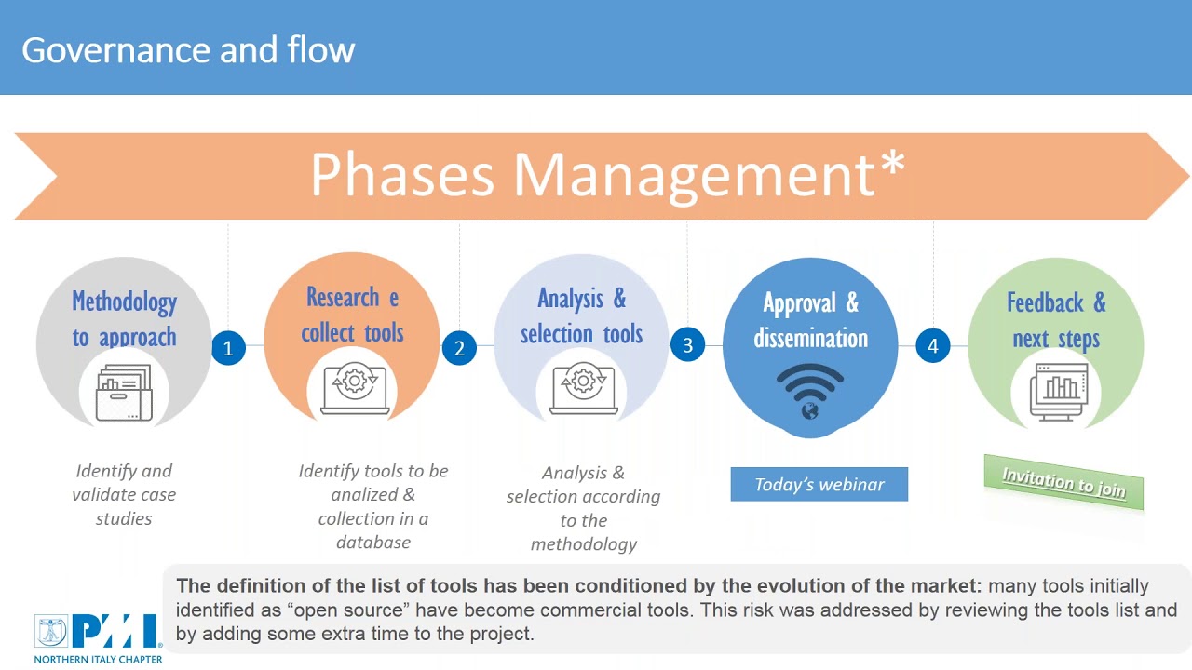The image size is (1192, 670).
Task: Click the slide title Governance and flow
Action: click(x=188, y=50)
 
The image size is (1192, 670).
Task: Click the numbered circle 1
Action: click(x=228, y=348)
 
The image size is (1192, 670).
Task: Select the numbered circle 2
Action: click(x=459, y=348)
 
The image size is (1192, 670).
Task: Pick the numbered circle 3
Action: click(x=687, y=345)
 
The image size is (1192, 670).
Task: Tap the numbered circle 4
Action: click(x=933, y=345)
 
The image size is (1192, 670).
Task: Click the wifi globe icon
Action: click(x=810, y=392)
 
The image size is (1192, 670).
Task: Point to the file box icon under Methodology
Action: click(x=124, y=393)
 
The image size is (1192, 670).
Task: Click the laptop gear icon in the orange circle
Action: click(x=355, y=388)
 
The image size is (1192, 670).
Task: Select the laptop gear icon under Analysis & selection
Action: click(x=583, y=388)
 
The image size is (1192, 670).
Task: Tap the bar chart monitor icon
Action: click(x=1059, y=392)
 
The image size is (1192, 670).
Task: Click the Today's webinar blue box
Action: click(x=819, y=484)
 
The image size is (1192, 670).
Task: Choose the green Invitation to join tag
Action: click(x=1063, y=482)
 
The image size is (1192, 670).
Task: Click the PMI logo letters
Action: click(x=115, y=631)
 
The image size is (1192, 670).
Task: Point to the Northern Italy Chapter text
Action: click(x=98, y=660)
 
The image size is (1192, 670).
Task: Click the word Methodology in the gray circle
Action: click(x=125, y=302)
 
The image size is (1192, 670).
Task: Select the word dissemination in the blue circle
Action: click(x=810, y=338)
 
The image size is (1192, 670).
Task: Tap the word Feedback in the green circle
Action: click(x=1045, y=302)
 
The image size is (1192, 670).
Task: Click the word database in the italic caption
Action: click(x=373, y=543)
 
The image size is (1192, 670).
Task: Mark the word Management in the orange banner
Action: click(x=694, y=176)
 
